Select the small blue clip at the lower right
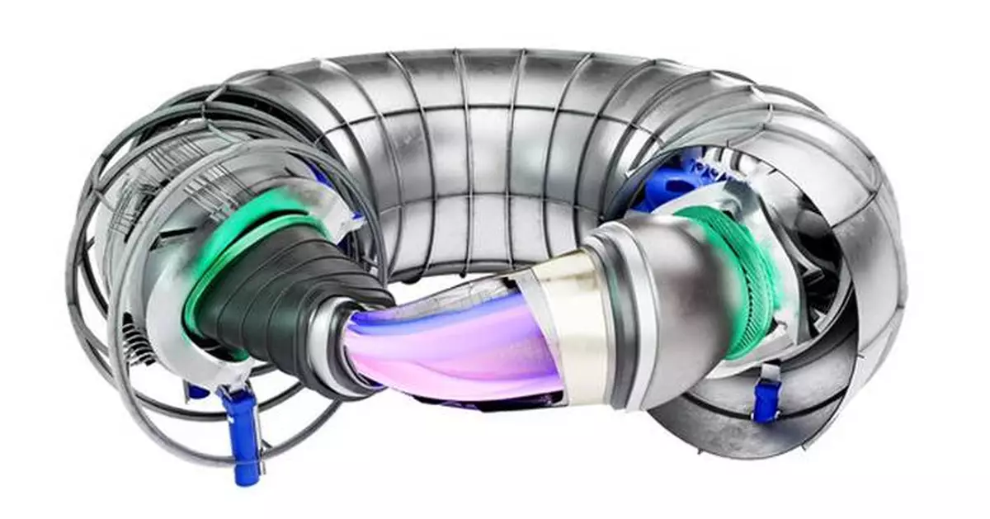tap(766, 401)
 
